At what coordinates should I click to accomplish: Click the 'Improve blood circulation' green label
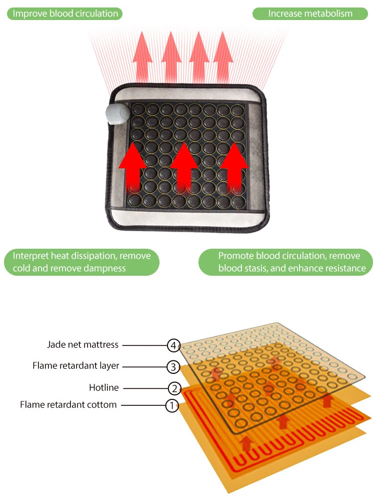tap(65, 14)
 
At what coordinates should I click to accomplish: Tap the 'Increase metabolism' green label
tap(310, 14)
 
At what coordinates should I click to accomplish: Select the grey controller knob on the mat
tap(117, 115)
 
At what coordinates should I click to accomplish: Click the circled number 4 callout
tap(173, 345)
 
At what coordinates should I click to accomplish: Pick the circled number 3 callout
tap(172, 366)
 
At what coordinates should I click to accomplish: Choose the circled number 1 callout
tap(171, 405)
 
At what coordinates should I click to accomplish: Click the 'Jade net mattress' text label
tap(83, 344)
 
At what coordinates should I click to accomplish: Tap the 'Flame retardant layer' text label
tap(76, 366)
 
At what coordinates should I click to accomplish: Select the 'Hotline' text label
tap(103, 387)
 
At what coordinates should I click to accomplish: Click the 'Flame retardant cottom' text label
tap(68, 404)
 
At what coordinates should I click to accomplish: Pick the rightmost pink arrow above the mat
tap(223, 55)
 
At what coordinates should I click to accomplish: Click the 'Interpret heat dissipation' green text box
tap(81, 262)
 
